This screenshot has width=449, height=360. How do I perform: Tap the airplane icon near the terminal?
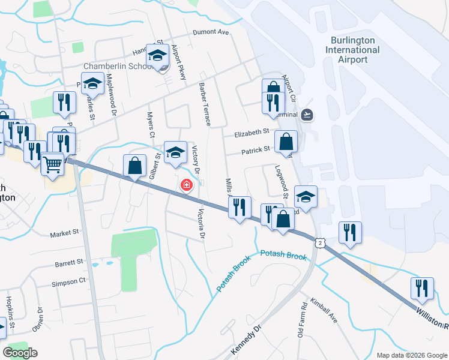pyautogui.click(x=308, y=113)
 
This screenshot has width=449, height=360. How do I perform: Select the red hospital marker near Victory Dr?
pyautogui.click(x=187, y=185)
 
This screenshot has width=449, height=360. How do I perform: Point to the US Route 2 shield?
pyautogui.click(x=321, y=242)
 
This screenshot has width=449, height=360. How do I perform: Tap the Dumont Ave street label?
pyautogui.click(x=211, y=32)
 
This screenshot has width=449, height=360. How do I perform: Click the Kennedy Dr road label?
pyautogui.click(x=246, y=340)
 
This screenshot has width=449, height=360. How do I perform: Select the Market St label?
pyautogui.click(x=65, y=233)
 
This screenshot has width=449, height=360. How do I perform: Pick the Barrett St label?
pyautogui.click(x=69, y=262)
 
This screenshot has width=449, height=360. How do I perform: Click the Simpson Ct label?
pyautogui.click(x=69, y=282)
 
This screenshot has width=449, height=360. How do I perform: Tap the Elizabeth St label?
pyautogui.click(x=252, y=132)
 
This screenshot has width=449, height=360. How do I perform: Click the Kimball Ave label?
pyautogui.click(x=324, y=310)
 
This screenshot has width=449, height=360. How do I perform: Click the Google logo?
pyautogui.click(x=20, y=352)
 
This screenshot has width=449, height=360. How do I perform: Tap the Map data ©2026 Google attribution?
pyautogui.click(x=411, y=355)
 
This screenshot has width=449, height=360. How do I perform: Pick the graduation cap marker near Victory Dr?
pyautogui.click(x=176, y=152)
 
